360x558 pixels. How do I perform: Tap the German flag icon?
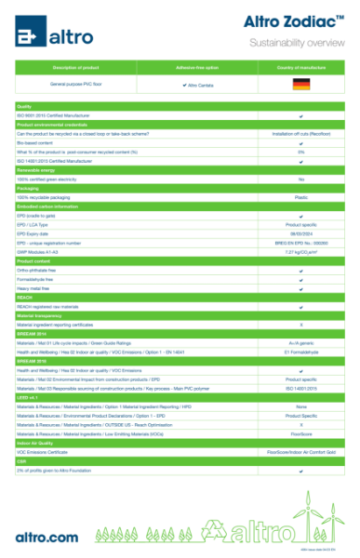(x=300, y=84)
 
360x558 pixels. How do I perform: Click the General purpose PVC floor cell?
(x=76, y=84)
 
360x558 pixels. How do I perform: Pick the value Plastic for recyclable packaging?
(x=300, y=197)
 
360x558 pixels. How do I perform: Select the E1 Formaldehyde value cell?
(x=300, y=351)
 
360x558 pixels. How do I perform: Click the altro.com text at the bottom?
(x=47, y=536)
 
